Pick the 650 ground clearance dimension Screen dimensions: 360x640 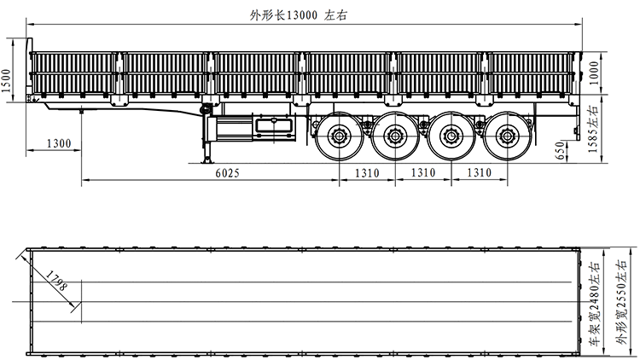point(561,149)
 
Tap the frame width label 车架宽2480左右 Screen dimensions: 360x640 point(593,304)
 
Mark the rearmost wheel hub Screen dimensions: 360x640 point(509,136)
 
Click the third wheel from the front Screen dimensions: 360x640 point(451,136)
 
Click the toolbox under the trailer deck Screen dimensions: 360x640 point(272,128)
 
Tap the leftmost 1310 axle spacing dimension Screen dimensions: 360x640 point(366,172)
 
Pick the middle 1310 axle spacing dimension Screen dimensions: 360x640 point(423,172)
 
